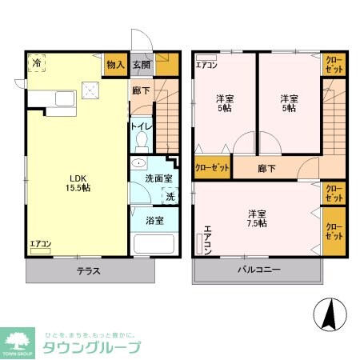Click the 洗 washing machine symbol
pos(170,197)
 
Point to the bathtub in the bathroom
pos(152,243)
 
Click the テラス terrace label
pos(88,270)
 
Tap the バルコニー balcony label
pos(258,270)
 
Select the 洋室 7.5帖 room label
pos(257,219)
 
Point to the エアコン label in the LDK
pos(40,244)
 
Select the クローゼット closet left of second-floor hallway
pos(212,169)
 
